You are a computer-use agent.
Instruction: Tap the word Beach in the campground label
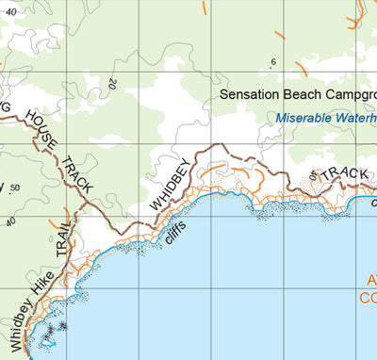tap(301, 95)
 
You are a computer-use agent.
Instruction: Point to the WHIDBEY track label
tap(169, 185)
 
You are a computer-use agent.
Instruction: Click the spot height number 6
tap(273, 63)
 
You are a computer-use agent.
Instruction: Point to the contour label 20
tap(112, 85)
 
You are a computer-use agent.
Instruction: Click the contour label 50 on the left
tap(14, 188)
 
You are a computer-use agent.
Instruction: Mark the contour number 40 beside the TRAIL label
tap(11, 222)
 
